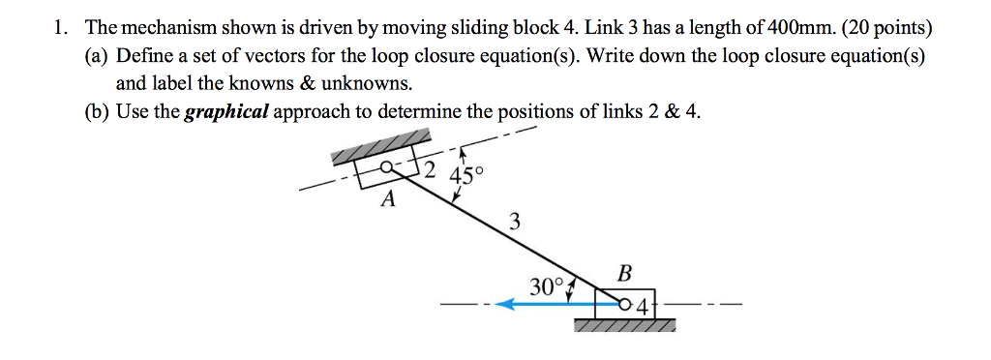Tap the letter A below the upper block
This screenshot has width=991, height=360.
point(389,200)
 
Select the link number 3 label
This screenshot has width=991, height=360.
point(514,224)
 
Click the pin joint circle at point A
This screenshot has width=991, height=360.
point(386,167)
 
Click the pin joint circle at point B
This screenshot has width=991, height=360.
point(626,304)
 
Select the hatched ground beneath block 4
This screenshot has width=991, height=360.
point(624,326)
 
